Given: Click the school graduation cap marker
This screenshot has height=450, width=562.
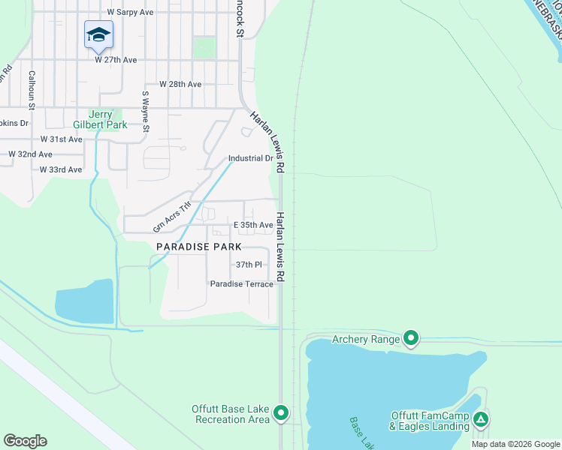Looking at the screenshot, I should [x=98, y=34].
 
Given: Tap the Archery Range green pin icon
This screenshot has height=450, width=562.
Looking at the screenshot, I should [x=411, y=338].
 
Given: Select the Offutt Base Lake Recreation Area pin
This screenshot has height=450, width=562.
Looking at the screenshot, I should [x=281, y=412].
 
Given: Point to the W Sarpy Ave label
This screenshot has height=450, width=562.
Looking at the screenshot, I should [x=130, y=13].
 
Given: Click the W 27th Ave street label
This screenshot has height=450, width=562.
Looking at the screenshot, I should [x=116, y=60].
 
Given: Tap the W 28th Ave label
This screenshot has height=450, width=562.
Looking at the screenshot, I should [x=180, y=85].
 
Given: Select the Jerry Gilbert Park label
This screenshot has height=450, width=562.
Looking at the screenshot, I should [x=100, y=120].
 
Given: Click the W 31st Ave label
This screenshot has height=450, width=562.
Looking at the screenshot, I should [x=61, y=139].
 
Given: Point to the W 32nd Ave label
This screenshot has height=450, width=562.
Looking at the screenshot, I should [x=30, y=154].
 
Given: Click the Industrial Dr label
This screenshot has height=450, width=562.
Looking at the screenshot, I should [x=250, y=158].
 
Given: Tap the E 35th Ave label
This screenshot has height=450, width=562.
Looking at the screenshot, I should [x=252, y=225].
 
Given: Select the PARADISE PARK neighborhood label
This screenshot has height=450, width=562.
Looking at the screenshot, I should [x=198, y=246].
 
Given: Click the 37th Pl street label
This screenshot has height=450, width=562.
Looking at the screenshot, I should [x=248, y=265].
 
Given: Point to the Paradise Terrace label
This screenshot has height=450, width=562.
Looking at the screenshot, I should [x=241, y=283].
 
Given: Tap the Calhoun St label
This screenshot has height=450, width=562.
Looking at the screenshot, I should [x=32, y=88].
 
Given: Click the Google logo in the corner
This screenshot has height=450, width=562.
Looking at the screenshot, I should [x=25, y=441].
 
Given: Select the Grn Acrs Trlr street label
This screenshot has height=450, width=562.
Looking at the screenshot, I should [x=173, y=217].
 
